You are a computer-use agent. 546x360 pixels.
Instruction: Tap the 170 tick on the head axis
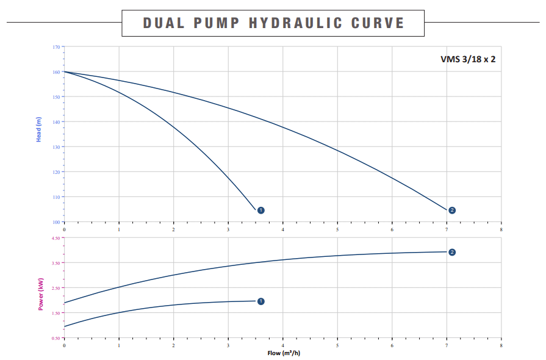[56, 47]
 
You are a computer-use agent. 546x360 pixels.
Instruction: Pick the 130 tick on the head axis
[56, 147]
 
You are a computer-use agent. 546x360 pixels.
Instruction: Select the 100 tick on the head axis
[56, 222]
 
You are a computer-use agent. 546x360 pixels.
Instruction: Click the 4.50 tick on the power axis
[55, 238]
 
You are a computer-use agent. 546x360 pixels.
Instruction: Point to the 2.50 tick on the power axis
[55, 288]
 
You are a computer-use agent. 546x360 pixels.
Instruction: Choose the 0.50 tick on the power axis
[55, 338]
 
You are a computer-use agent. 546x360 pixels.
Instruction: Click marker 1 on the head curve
[261, 211]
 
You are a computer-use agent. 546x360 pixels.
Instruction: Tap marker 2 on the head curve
[452, 211]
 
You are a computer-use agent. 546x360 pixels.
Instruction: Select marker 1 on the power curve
[261, 301]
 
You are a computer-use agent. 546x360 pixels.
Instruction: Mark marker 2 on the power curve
[452, 252]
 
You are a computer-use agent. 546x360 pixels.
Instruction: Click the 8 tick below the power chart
[501, 345]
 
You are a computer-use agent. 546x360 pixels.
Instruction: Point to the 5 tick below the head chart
[337, 229]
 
